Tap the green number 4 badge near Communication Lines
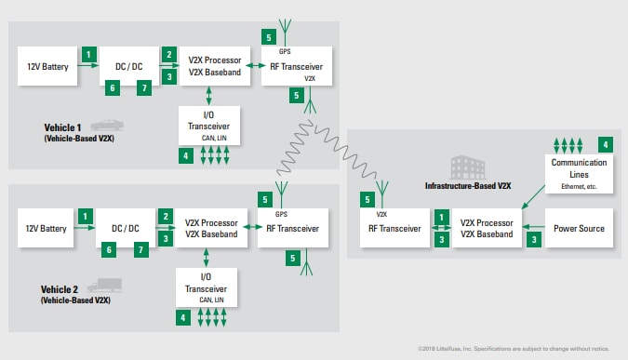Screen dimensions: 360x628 point(606,145)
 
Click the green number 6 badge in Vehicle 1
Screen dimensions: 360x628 point(112,87)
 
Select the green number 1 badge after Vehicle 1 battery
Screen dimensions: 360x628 point(88,55)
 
